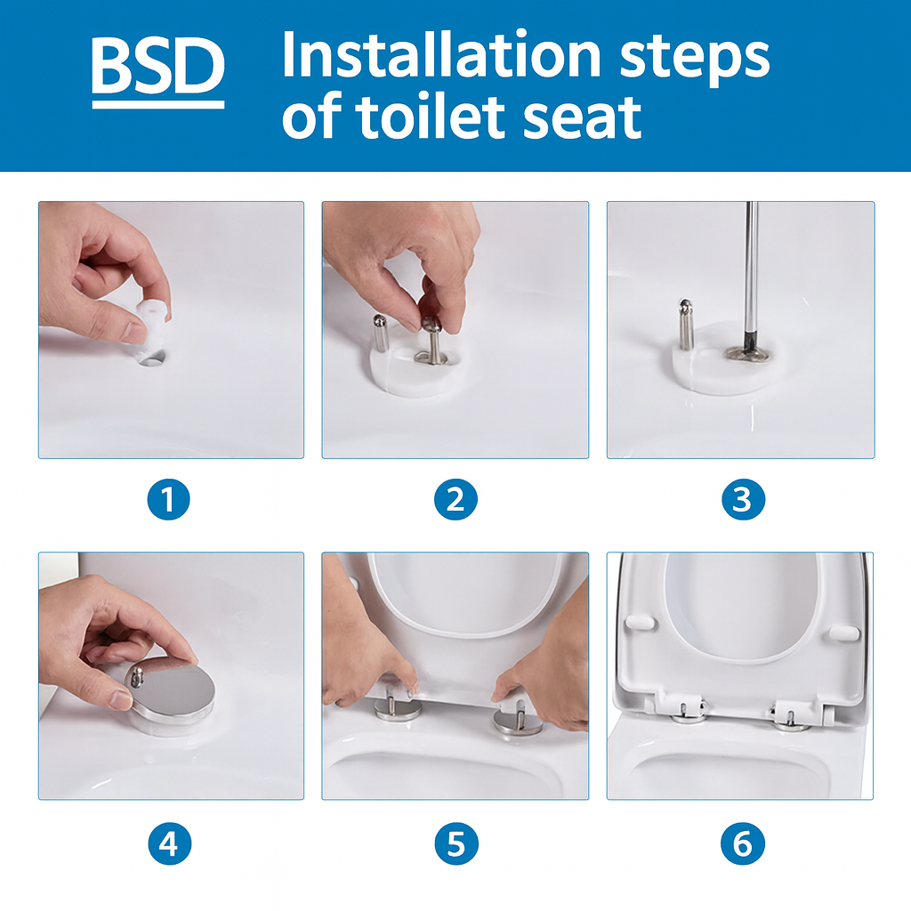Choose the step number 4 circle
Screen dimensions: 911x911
point(169,842)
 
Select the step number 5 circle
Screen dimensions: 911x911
point(455,842)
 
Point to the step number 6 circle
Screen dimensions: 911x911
point(742,842)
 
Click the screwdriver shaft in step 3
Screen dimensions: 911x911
point(750,267)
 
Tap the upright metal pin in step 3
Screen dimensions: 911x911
point(686,324)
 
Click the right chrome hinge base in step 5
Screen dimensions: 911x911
point(517,720)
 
